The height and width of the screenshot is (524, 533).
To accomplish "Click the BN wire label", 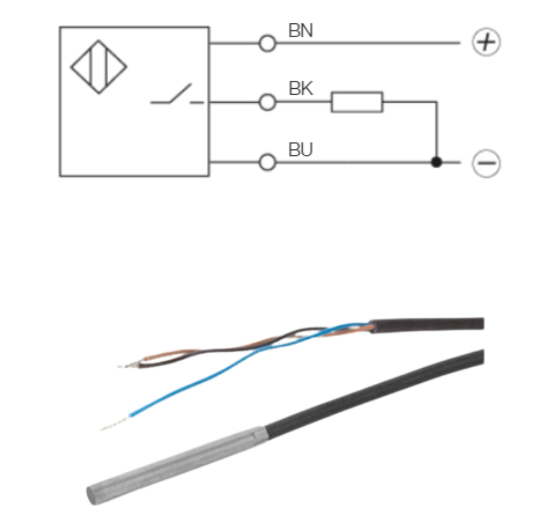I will pos(301,31).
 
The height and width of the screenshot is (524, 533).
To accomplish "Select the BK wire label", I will pos(301,89).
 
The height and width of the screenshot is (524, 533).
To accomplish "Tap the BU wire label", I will pos(301,150).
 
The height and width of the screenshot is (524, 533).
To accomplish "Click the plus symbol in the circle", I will pos(486,43).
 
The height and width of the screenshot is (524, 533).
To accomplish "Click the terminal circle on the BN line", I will pos(267,44).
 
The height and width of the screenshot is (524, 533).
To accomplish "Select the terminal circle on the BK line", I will pos(267,102).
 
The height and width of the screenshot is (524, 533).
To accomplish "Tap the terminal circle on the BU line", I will pos(267,163).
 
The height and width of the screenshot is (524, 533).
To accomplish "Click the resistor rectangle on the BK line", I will pos(357,102).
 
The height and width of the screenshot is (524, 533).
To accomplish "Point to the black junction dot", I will pos(437,163).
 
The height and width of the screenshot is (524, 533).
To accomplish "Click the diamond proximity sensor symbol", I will pos(99,67).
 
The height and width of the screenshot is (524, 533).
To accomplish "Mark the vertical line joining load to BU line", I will pos(437,131).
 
